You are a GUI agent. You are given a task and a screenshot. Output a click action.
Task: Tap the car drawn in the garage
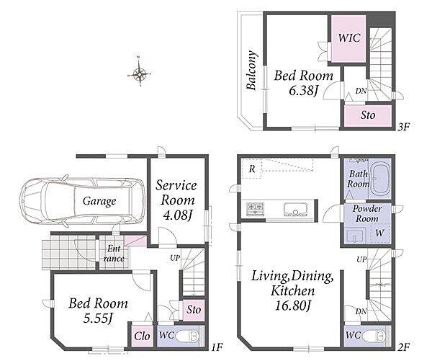point(82,201)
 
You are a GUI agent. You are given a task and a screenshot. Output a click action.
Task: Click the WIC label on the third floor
point(349,37)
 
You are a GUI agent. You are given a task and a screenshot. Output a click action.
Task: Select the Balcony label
point(252,71)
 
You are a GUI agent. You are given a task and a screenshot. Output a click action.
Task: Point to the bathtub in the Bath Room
point(380,179)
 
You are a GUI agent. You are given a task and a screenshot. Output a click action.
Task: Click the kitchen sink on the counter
point(295,210)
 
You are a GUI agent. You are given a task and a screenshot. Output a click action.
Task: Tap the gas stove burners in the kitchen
point(255,209)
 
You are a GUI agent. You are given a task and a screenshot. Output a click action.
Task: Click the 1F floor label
point(217,347)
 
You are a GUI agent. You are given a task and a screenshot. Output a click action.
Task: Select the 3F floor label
point(403,127)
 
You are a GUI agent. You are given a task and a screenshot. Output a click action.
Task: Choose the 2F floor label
point(404,347)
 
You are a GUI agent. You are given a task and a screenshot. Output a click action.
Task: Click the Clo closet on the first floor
point(142,337)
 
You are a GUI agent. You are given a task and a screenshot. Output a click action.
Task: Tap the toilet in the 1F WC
point(187,336)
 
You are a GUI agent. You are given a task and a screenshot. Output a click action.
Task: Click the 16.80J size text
point(293,306)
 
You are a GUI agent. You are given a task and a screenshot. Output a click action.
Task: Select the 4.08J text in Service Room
point(177,215)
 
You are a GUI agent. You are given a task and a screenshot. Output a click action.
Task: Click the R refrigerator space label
point(252,169)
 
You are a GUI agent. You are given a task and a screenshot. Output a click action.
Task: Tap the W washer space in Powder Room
point(379,233)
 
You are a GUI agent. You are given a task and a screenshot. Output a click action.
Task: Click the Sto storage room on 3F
point(368,115)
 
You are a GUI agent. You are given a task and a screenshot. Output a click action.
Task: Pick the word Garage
point(99,201)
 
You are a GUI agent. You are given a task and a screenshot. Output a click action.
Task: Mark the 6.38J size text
point(302,90)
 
